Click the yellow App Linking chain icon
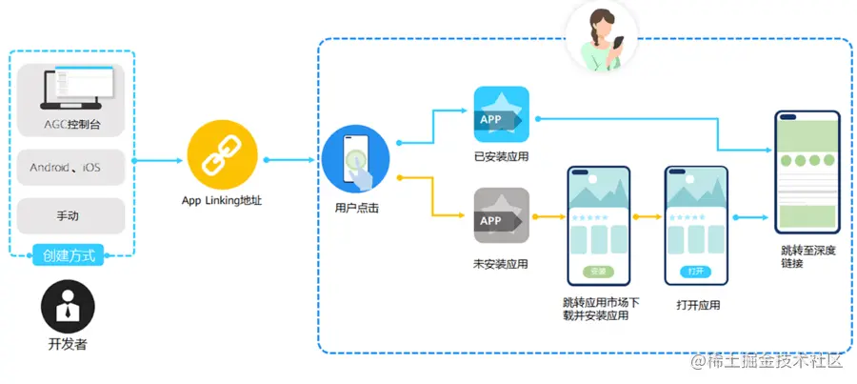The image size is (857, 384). [222, 157]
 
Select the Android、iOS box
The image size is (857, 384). [70, 167]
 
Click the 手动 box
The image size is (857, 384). [70, 215]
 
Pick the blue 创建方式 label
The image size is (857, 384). [70, 255]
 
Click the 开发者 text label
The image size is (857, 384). [68, 344]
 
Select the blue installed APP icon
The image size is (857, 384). [501, 116]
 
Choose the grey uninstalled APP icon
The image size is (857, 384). [501, 218]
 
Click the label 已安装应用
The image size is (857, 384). [501, 156]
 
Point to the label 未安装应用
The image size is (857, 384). [501, 263]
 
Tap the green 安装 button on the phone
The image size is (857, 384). [599, 272]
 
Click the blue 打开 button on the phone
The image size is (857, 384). [697, 272]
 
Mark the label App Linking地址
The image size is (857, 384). [222, 200]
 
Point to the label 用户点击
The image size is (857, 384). [356, 207]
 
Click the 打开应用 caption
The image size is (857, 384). [697, 306]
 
